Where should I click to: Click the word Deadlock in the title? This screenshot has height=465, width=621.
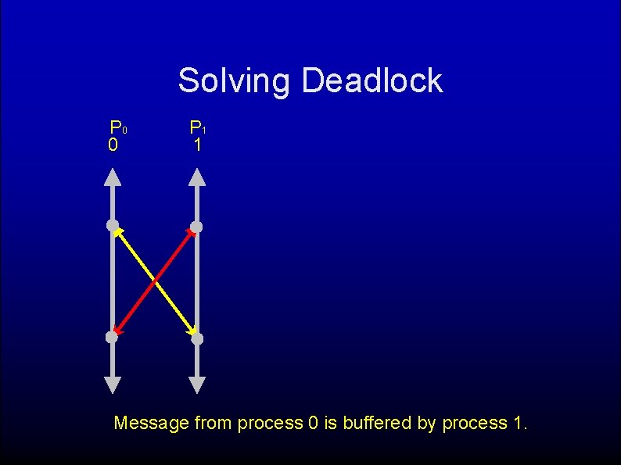[x=372, y=80]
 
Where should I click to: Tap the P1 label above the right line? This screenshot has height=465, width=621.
[x=197, y=127]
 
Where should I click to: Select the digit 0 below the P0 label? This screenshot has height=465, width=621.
[x=113, y=145]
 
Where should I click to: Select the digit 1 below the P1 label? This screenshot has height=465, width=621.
[x=198, y=145]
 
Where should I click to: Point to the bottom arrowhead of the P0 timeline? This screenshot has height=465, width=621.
[x=113, y=385]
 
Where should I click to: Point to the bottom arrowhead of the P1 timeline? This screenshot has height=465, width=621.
[x=197, y=385]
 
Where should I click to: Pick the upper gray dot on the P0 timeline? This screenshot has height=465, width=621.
[x=113, y=226]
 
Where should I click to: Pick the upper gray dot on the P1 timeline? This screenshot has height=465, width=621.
[x=196, y=227]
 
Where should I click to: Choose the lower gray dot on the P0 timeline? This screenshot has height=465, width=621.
[x=112, y=338]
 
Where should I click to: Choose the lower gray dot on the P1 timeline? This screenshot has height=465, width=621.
[x=197, y=338]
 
